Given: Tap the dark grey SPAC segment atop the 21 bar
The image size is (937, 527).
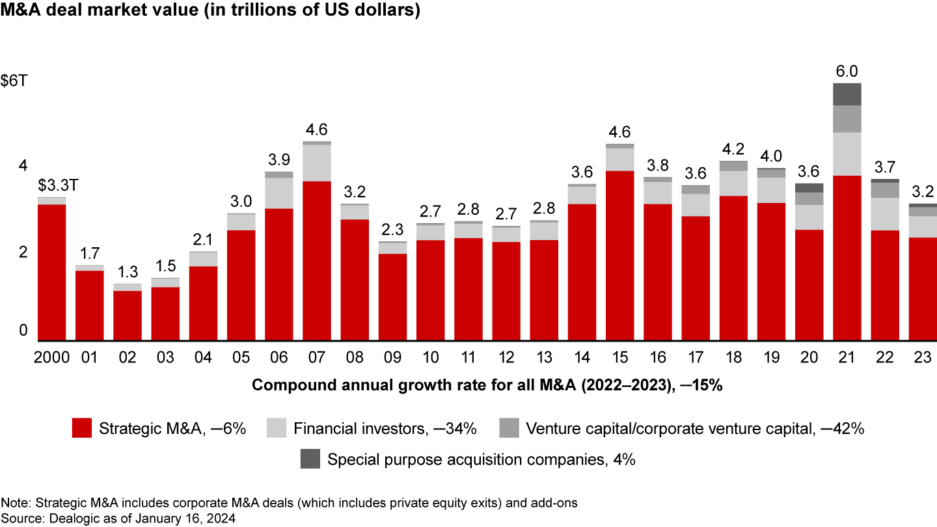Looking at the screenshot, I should [846, 94].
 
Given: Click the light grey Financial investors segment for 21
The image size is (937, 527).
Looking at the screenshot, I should [846, 154].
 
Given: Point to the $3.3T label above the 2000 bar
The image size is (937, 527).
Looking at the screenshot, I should [51, 184].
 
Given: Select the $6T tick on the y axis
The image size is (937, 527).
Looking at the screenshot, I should [14, 83].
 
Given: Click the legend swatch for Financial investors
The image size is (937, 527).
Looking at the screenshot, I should [277, 428].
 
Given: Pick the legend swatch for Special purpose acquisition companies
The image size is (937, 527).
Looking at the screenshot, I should [311, 459].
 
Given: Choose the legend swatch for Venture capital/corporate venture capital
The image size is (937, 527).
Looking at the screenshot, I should [509, 428].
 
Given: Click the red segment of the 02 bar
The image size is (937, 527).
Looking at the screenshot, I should [127, 316].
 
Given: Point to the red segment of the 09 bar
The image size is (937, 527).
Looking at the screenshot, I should [392, 297].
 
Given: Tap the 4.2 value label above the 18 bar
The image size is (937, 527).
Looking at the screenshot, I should [733, 147].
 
